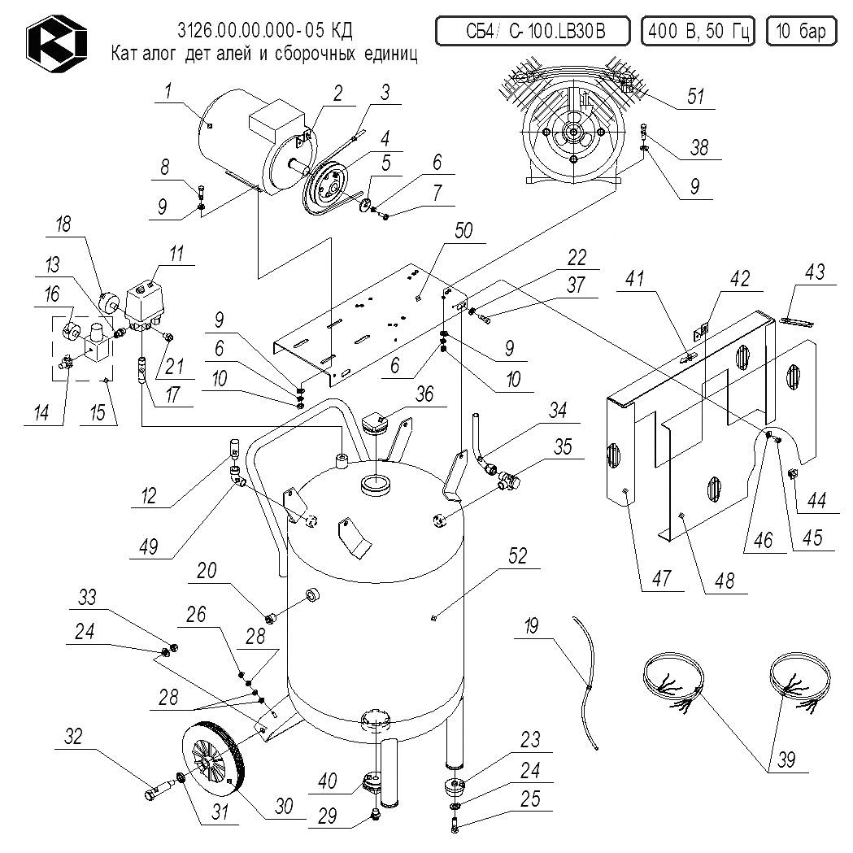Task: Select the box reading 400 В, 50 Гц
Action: (698, 32)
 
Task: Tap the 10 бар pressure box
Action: (800, 32)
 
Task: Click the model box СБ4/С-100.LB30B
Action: (534, 32)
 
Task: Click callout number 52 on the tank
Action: (518, 556)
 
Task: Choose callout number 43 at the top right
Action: (815, 272)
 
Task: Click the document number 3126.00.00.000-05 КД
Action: (265, 31)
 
